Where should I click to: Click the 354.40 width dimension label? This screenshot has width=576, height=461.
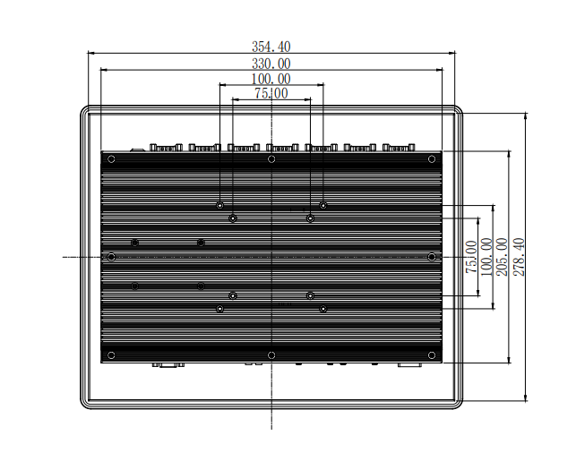(x=271, y=47)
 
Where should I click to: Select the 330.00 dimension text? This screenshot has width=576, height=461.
(x=271, y=64)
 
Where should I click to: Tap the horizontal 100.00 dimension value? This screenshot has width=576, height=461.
(x=271, y=79)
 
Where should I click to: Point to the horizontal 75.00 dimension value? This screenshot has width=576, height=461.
(x=271, y=93)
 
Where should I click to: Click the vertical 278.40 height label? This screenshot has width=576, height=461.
(x=519, y=257)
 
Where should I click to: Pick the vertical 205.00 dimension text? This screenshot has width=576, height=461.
(x=502, y=257)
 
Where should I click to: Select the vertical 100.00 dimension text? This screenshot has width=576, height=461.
(x=486, y=257)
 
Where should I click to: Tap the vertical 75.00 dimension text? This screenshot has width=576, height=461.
(x=471, y=257)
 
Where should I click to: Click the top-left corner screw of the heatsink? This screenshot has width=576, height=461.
(x=111, y=159)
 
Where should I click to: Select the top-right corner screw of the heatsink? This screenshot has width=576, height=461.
(x=432, y=159)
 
